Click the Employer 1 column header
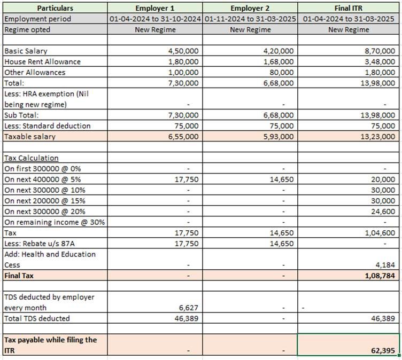click(x=154, y=8)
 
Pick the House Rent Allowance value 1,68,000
click(x=280, y=61)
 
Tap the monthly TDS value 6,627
click(x=189, y=308)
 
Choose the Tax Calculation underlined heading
click(x=31, y=158)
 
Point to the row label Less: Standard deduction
click(x=48, y=126)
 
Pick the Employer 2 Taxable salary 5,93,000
click(x=280, y=137)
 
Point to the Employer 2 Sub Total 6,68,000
click(x=280, y=115)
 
